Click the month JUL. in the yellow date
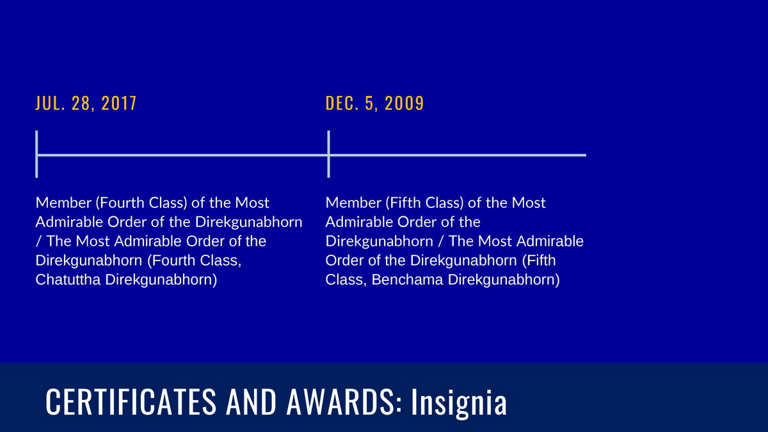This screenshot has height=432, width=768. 51,103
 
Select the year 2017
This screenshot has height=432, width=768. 119,103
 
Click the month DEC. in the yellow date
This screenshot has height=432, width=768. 342,103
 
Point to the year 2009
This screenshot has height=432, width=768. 404,103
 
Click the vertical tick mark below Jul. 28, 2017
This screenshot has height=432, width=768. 36,154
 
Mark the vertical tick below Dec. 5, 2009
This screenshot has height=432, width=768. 328,154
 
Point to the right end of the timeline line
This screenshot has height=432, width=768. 586,156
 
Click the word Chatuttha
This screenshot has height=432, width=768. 68,280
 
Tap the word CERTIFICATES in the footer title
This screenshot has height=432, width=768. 131,401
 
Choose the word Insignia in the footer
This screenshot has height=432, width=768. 459,403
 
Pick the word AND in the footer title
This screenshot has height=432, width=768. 251,401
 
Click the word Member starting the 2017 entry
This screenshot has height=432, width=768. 63,203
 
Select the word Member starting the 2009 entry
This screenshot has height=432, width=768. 353,203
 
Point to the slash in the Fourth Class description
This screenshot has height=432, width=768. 38,241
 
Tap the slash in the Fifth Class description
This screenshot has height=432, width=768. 441,241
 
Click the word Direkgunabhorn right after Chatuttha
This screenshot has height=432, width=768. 161,280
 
